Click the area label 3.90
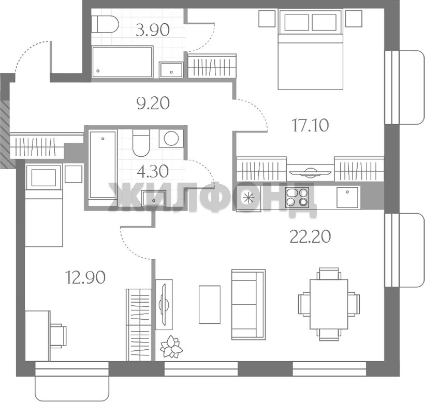coord(153,30)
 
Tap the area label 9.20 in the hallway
coord(153,103)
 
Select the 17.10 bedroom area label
coord(311,125)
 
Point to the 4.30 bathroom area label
coord(152,171)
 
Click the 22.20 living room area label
coord(310,236)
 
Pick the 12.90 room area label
coord(85,278)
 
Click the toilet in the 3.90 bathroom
coord(105,24)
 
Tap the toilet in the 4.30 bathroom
coord(141,143)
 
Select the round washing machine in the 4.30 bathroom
coord(171,139)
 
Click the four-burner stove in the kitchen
coord(297,197)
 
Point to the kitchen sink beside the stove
coord(347,197)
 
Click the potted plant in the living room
coord(171,346)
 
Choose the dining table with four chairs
coord(329,304)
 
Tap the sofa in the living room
coord(248,304)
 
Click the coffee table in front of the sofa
coord(210,304)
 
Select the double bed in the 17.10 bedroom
coord(311,49)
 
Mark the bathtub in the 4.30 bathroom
coord(102,165)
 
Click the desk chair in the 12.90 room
coord(58,335)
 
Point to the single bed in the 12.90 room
coord(44,205)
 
